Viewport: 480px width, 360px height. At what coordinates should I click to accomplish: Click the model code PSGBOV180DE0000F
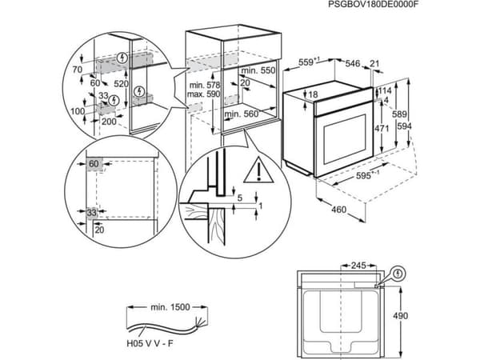[373, 4]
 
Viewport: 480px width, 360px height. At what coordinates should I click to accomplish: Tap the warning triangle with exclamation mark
[258, 170]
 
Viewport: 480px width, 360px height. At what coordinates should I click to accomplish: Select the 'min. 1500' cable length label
[170, 307]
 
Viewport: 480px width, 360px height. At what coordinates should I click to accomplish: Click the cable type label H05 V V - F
[150, 343]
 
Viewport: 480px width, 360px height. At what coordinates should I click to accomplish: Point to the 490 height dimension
[401, 316]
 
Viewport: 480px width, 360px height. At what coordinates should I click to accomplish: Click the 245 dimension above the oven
[358, 266]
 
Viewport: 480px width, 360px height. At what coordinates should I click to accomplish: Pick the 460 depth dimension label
[339, 210]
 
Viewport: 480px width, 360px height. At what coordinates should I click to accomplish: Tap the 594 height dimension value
[404, 126]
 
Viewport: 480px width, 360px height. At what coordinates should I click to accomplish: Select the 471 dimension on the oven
[382, 128]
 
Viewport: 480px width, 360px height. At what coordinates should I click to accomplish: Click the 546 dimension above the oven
[353, 63]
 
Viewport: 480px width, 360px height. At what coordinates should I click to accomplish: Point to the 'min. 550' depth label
[258, 70]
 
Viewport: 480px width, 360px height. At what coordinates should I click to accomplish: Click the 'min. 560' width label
[242, 114]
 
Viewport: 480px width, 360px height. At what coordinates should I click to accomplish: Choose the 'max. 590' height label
[203, 94]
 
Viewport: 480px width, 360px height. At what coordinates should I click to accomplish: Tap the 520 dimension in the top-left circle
[121, 83]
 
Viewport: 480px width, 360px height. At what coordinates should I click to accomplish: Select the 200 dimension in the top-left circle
[109, 122]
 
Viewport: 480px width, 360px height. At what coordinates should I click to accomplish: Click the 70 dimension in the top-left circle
[78, 70]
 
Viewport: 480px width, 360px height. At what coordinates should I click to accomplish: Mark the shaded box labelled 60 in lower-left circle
[94, 164]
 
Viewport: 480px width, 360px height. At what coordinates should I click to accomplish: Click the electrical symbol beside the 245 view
[398, 274]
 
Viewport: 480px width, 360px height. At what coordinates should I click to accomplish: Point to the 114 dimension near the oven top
[385, 90]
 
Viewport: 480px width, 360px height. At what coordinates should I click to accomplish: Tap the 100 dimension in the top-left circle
[78, 111]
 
